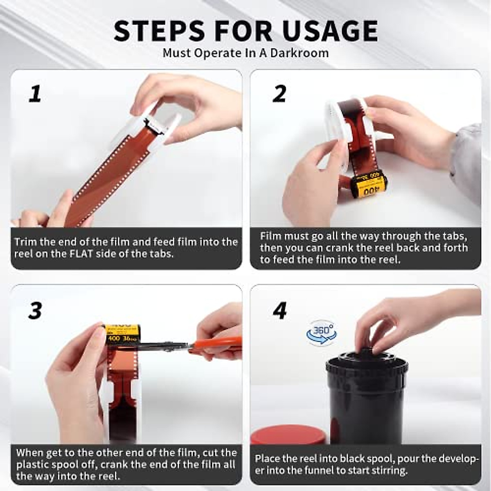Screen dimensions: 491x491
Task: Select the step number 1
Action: pyautogui.click(x=35, y=94)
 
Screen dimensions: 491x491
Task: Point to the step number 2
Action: pyautogui.click(x=279, y=94)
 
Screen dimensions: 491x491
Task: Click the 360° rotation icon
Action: pyautogui.click(x=322, y=333)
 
